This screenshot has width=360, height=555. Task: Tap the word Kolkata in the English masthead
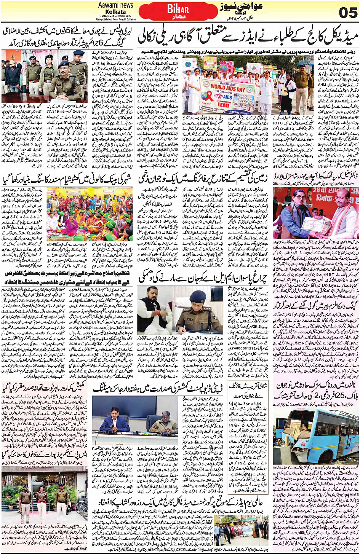pyautogui.click(x=116, y=12)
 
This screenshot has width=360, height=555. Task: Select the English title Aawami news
pyautogui.click(x=116, y=5)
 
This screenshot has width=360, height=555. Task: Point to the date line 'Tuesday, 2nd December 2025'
pyautogui.click(x=115, y=16)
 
